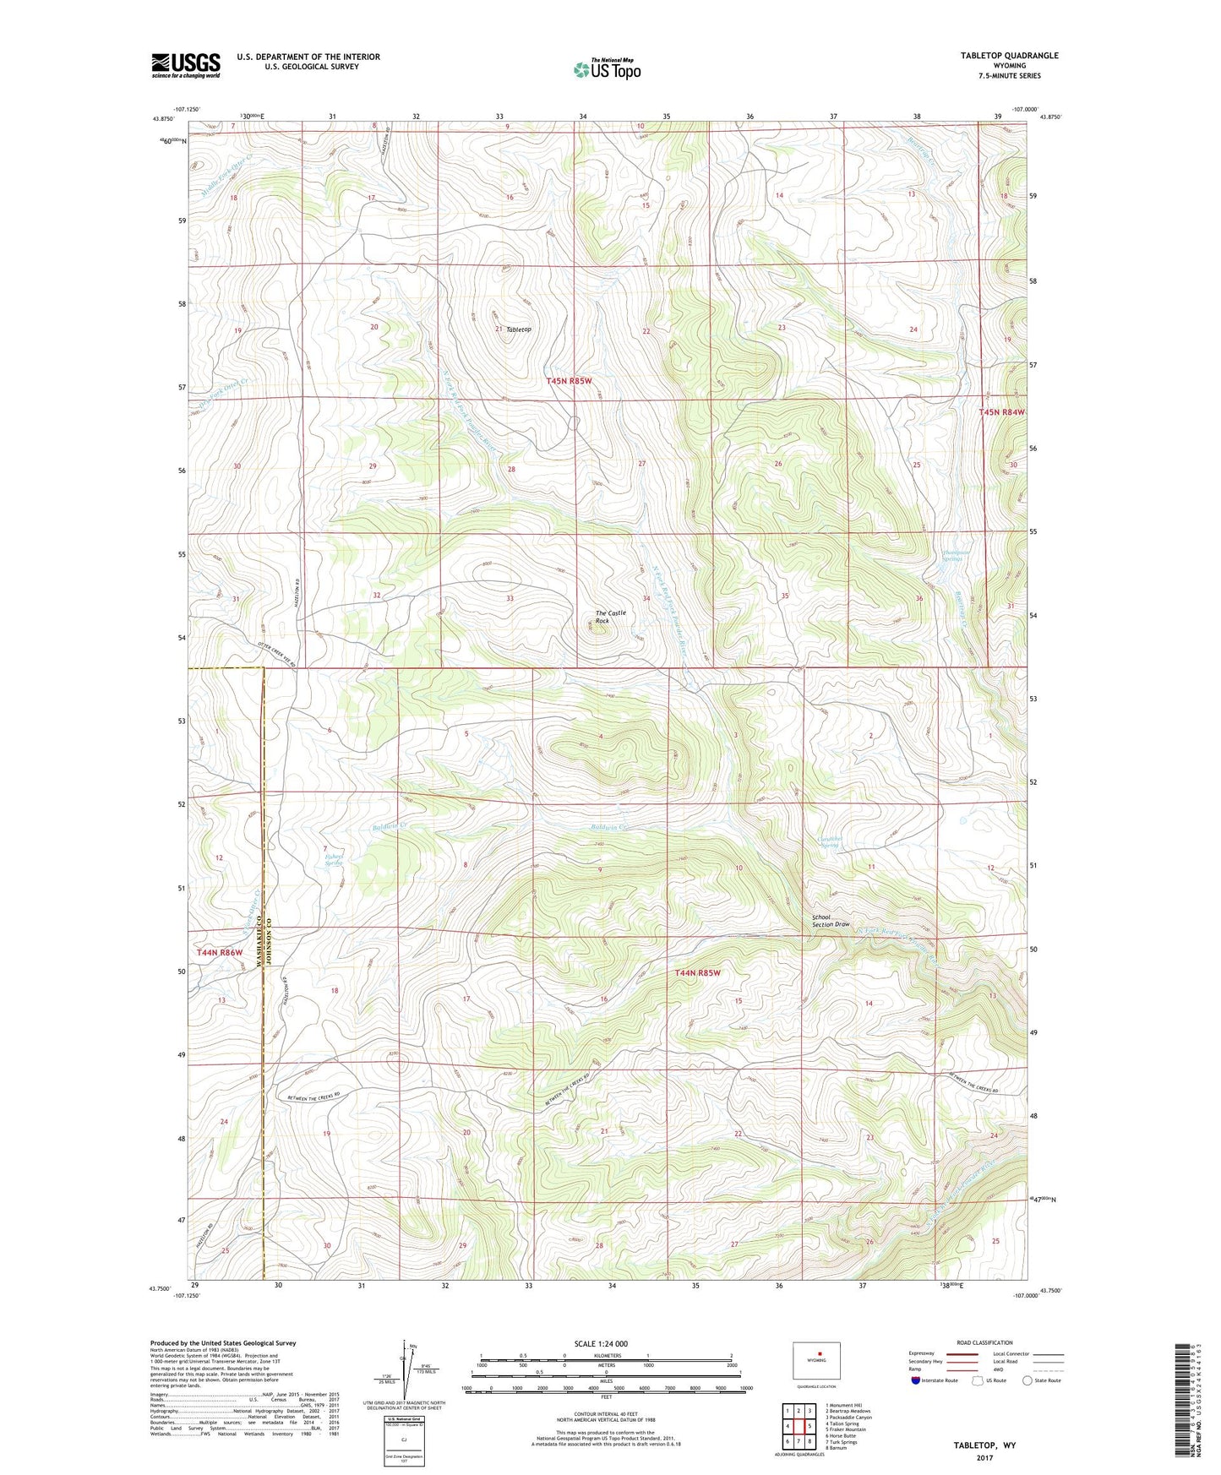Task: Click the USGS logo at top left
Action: point(185,65)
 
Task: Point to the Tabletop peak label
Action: point(519,329)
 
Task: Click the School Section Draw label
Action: point(831,921)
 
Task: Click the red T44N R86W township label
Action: point(220,952)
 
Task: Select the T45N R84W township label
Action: point(1001,412)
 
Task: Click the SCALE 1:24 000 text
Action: point(600,1343)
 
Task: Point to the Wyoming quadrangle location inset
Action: point(816,1361)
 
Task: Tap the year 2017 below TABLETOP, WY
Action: point(984,1457)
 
